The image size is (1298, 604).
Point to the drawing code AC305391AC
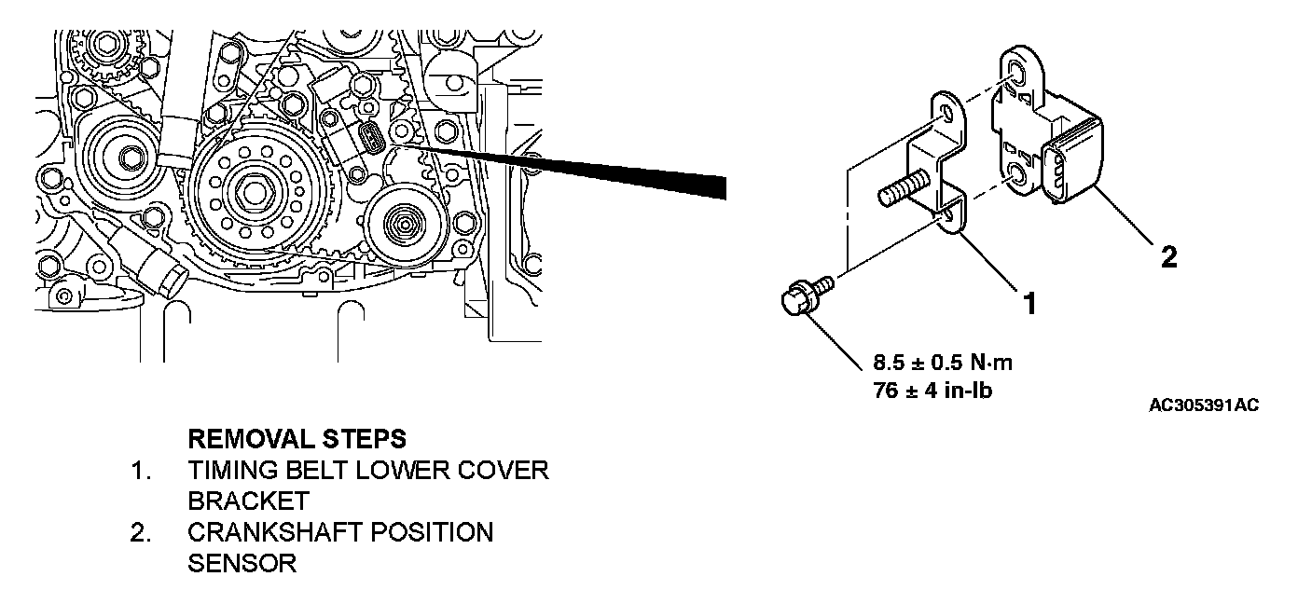(1204, 405)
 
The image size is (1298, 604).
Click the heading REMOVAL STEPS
(297, 438)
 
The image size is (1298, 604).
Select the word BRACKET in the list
(248, 501)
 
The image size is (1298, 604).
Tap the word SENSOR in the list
(242, 563)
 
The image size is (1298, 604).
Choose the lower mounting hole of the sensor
(1017, 175)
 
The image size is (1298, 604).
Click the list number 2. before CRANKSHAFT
(141, 532)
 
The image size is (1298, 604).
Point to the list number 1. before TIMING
(141, 470)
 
